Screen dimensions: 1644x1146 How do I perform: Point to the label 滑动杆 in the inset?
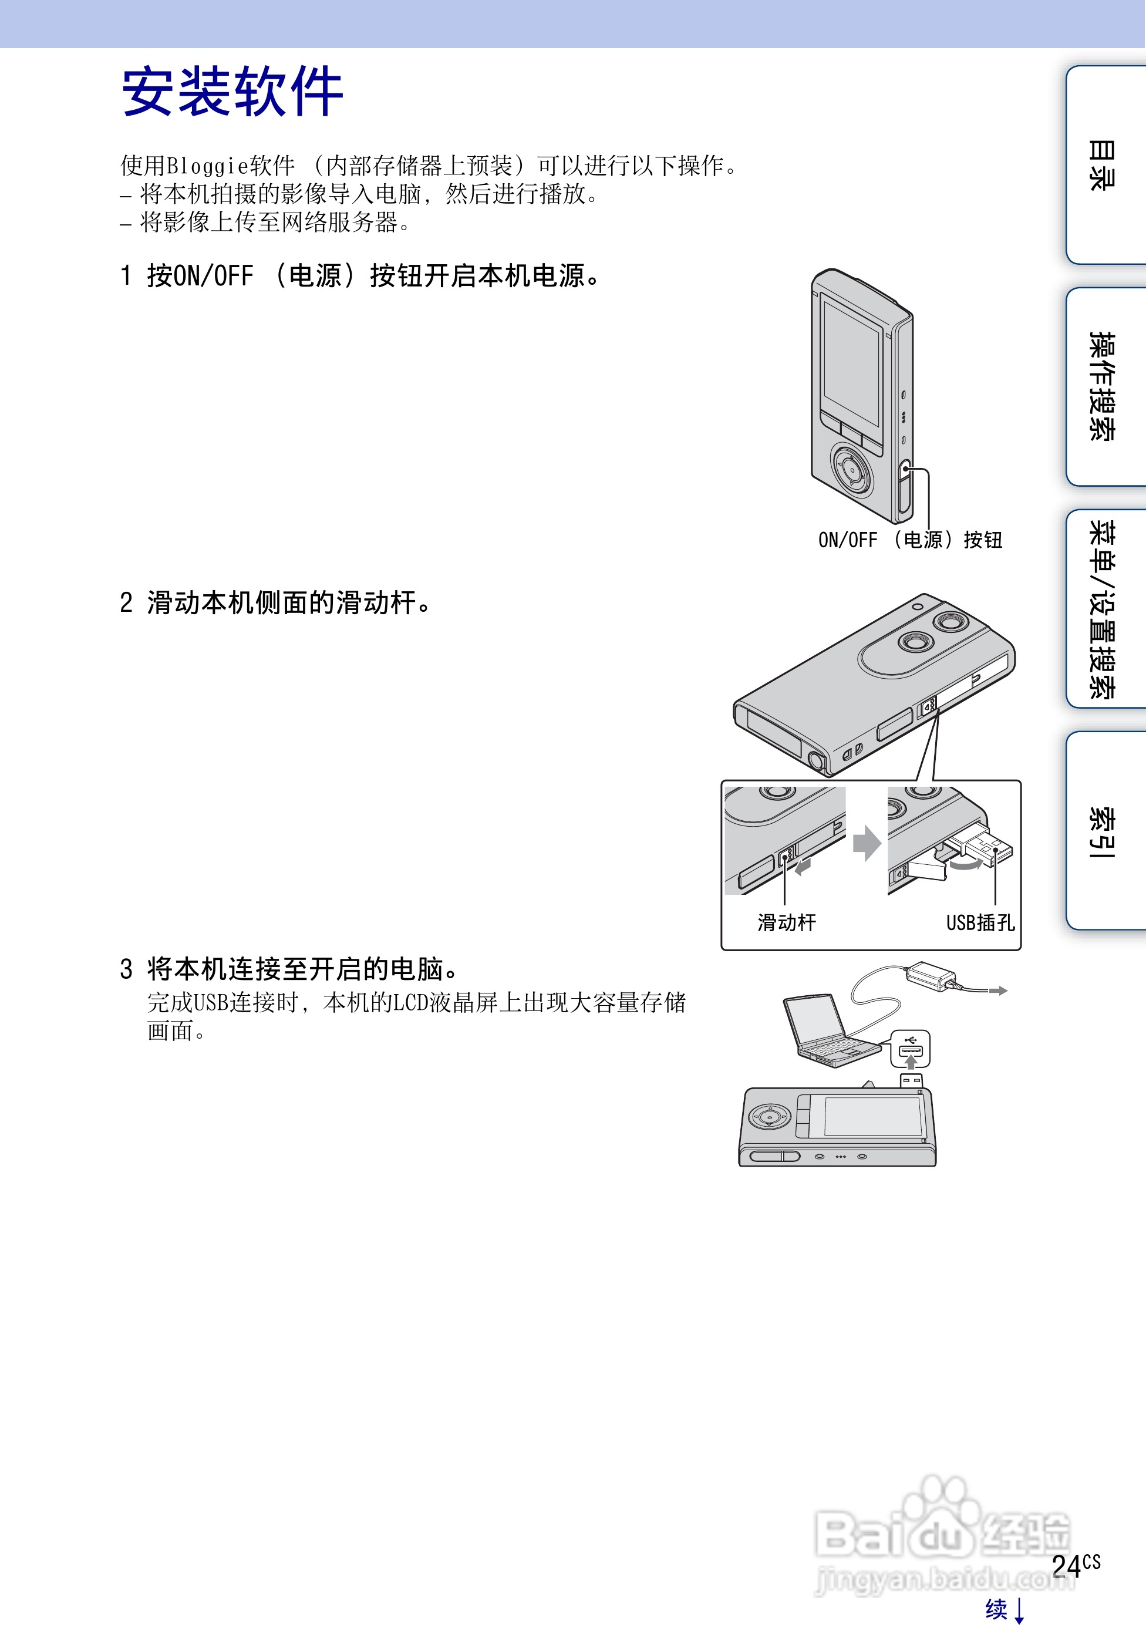pos(787,923)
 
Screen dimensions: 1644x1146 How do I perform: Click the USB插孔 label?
pos(980,923)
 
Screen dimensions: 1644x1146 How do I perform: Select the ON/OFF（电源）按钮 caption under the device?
pos(910,540)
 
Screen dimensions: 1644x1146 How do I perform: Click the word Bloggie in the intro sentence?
pos(208,166)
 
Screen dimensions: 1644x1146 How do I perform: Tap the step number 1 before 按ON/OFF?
pos(126,276)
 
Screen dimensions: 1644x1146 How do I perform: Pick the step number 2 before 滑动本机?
pos(126,603)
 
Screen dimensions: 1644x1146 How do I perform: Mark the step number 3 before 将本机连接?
pos(126,969)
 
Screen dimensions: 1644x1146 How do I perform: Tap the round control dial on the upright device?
pos(852,470)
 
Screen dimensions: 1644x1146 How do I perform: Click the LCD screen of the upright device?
pos(851,362)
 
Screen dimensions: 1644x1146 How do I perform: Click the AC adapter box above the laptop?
pos(931,975)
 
